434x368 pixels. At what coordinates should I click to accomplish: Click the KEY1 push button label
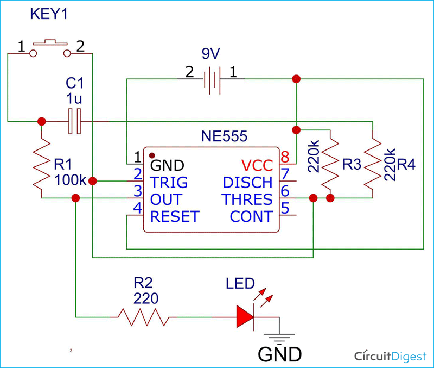click(x=50, y=15)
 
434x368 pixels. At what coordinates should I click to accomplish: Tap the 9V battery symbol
click(x=212, y=79)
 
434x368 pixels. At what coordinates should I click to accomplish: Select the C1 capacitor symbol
click(x=75, y=121)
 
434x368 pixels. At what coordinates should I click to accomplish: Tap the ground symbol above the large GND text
click(x=279, y=338)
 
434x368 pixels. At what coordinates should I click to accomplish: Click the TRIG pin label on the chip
click(x=169, y=182)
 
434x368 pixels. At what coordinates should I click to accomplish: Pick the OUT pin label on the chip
click(x=166, y=199)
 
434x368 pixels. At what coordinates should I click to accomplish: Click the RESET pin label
click(x=174, y=216)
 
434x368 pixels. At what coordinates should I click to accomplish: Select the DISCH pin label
click(x=247, y=182)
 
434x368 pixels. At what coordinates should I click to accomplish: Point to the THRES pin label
click(x=247, y=199)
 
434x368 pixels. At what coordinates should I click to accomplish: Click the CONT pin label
click(x=251, y=216)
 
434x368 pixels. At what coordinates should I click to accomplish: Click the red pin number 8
click(x=284, y=157)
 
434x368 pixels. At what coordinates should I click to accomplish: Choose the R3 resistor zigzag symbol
click(x=330, y=163)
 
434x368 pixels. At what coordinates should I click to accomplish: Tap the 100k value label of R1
click(x=70, y=179)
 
